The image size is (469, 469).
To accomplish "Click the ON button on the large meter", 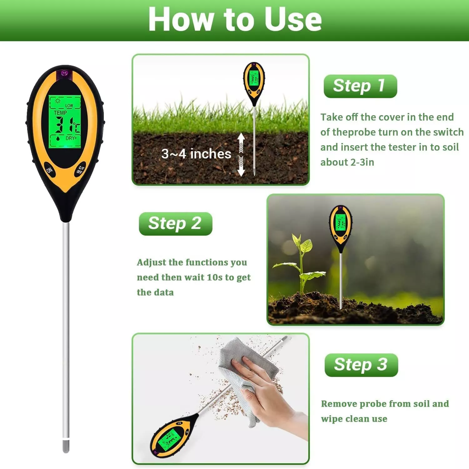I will [x=49, y=170].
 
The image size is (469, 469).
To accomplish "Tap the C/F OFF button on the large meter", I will [x=80, y=170].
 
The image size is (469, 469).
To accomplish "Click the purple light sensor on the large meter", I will [x=64, y=74].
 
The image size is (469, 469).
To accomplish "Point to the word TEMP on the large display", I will [x=60, y=113].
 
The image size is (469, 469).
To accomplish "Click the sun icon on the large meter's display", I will [x=58, y=101].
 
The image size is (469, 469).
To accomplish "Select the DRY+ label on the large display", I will [x=71, y=138].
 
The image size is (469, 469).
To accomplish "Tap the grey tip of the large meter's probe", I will [x=66, y=446].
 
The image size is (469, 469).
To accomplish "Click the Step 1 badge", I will [x=360, y=86].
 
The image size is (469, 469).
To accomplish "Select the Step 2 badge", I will [x=175, y=224].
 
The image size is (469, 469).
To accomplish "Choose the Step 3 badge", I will [x=361, y=365].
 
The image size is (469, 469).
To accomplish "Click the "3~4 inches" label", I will [x=196, y=154].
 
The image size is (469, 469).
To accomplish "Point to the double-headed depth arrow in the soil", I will [x=241, y=154].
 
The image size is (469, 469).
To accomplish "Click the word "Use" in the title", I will [x=293, y=19].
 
